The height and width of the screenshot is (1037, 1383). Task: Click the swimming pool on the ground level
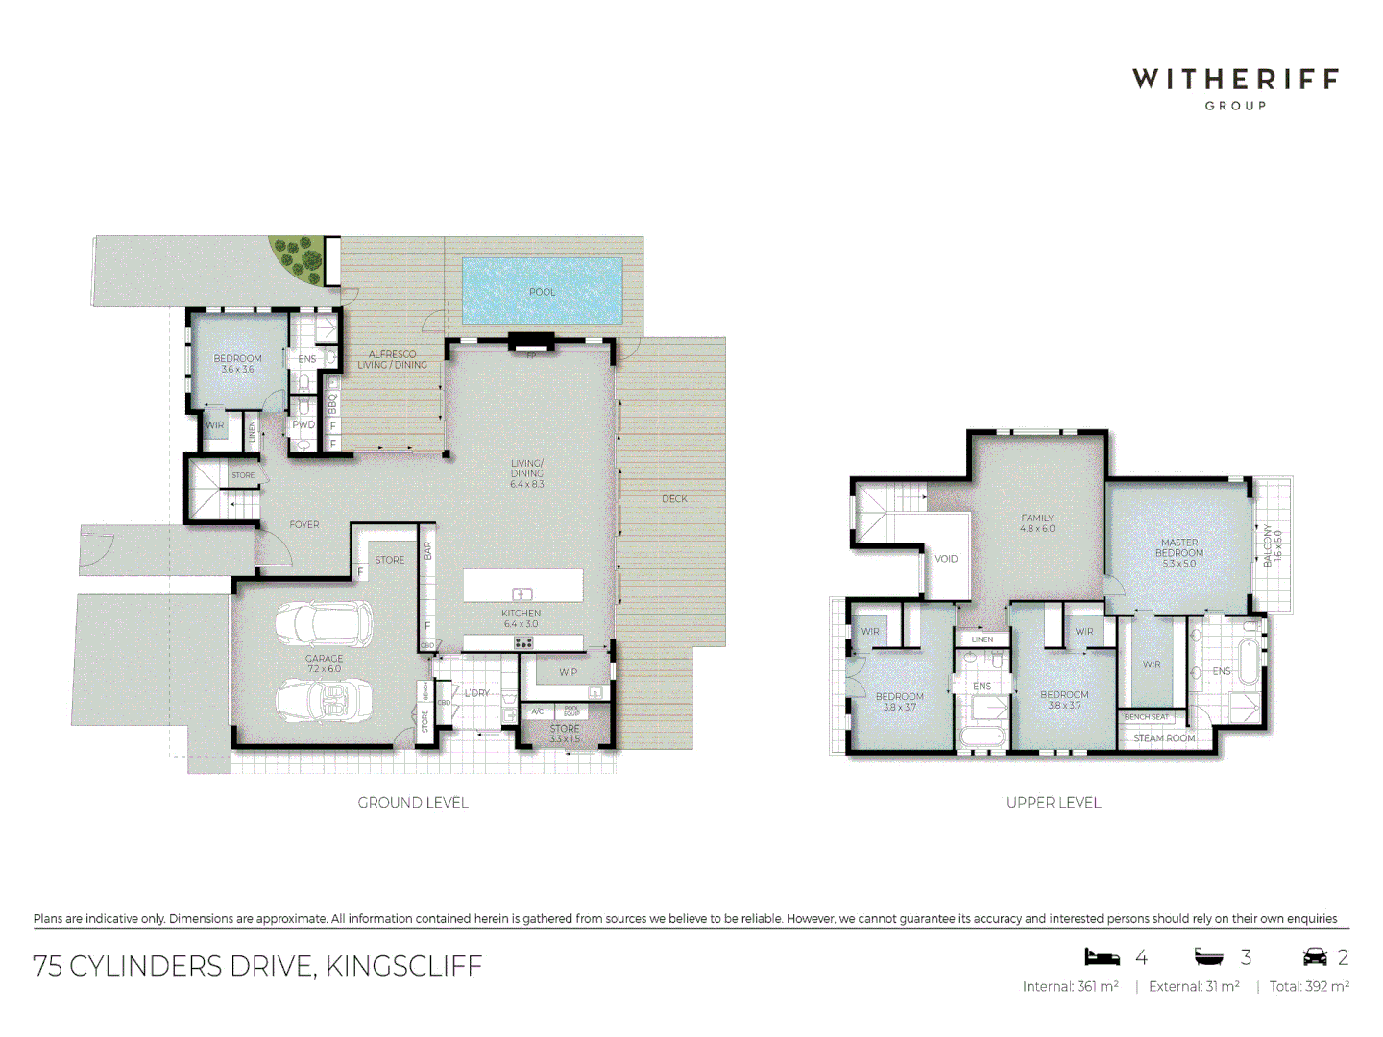(x=543, y=290)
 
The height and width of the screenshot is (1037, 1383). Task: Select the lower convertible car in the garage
(x=323, y=700)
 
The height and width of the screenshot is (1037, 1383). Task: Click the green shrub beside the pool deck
(x=297, y=256)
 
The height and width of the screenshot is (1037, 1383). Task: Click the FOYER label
(x=304, y=524)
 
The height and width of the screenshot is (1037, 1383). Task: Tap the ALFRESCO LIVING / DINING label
(x=393, y=359)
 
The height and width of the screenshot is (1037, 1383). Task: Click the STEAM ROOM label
(x=1164, y=738)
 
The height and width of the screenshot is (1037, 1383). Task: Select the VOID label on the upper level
(x=946, y=559)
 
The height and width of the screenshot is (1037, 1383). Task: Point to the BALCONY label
(x=1272, y=544)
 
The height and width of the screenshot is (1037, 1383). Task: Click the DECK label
(x=674, y=499)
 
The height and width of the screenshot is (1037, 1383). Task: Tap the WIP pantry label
(x=569, y=672)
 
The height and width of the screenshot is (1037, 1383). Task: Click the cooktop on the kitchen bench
(x=523, y=642)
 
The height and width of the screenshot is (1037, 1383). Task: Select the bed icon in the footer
(x=1103, y=956)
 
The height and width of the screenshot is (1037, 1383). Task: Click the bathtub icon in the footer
(x=1209, y=956)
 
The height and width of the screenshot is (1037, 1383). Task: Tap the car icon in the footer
(x=1315, y=956)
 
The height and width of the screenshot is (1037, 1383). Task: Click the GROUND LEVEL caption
(x=413, y=803)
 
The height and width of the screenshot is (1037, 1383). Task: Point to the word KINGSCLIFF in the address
(x=403, y=966)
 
